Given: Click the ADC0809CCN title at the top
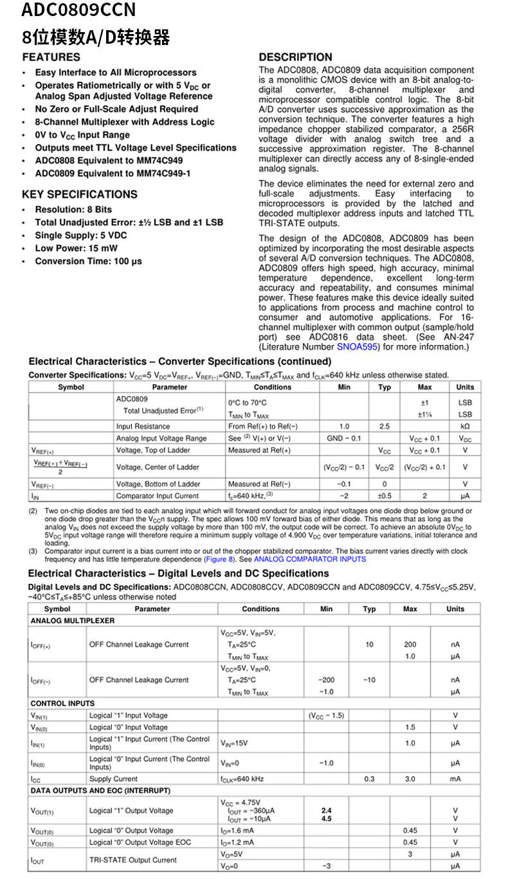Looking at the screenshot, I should point(78,11).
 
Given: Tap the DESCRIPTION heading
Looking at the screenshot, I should point(295,57).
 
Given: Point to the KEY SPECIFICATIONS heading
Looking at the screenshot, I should point(80,195).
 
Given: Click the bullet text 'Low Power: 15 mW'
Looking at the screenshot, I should point(76,249).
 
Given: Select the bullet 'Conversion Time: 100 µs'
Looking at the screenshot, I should point(88,262).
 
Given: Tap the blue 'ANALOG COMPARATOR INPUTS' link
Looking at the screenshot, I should point(310,559).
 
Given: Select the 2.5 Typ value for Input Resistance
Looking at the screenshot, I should point(384,427).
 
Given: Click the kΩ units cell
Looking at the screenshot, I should point(465,427).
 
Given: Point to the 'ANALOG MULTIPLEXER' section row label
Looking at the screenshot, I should point(73,621).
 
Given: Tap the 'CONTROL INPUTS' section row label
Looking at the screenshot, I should point(62,704).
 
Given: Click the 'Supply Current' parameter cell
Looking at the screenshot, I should point(113,779).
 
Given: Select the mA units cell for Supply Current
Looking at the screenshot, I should point(455,779).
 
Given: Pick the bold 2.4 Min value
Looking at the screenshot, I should point(326,811).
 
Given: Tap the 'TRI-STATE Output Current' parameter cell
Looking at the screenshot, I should point(132,860).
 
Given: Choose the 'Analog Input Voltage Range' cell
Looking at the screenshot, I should point(161,438).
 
